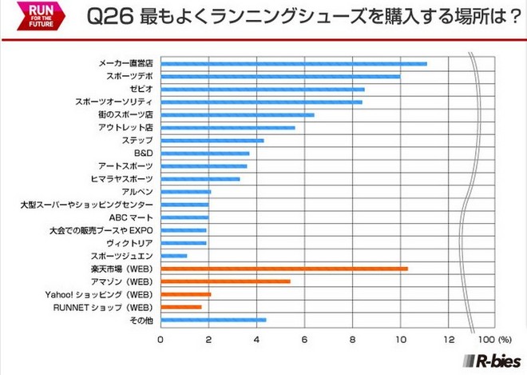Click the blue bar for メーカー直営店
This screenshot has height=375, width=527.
pyautogui.click(x=294, y=63)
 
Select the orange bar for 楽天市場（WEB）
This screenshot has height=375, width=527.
pyautogui.click(x=284, y=269)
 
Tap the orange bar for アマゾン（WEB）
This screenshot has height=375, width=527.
pyautogui.click(x=226, y=281)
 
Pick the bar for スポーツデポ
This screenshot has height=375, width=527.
pyautogui.click(x=280, y=76)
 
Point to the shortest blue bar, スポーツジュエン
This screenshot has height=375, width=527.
pyautogui.click(x=174, y=256)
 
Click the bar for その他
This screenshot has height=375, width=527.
pyautogui.click(x=213, y=320)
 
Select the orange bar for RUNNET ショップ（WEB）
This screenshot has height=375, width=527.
pyautogui.click(x=181, y=307)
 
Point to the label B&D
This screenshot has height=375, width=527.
pyautogui.click(x=142, y=153)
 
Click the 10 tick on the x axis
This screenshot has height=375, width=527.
pyautogui.click(x=401, y=339)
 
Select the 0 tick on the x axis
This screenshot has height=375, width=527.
pyautogui.click(x=160, y=339)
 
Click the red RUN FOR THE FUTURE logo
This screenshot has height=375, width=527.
pyautogui.click(x=30, y=18)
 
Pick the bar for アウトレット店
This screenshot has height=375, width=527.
pyautogui.click(x=228, y=127)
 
